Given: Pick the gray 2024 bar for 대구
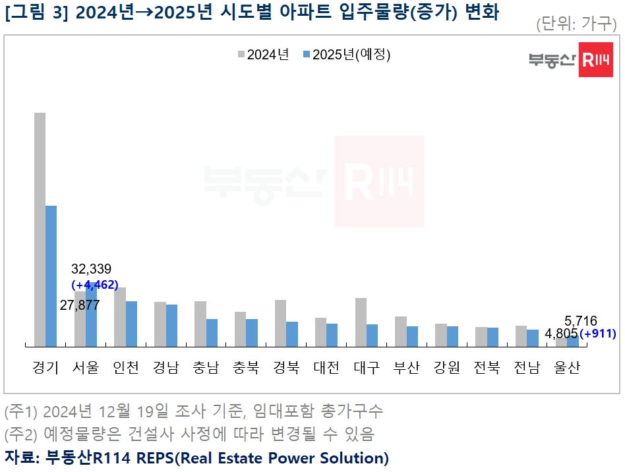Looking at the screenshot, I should coord(361,322).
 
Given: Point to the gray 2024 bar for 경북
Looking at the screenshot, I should coord(280,323).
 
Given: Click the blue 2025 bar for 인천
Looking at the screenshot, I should coord(131,324).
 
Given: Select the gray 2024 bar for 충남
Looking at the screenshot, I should coord(200,324).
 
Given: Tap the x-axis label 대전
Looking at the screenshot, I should coord(326,368).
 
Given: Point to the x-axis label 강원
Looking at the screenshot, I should coord(446,368).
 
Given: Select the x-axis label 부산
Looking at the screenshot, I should coord(406,368).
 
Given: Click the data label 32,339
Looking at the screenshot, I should coord(91,269).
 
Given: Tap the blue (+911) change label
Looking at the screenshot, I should coord(597,334).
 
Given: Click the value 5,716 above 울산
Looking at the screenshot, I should coord(581,321).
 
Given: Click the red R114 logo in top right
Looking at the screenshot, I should coord(595,60).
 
